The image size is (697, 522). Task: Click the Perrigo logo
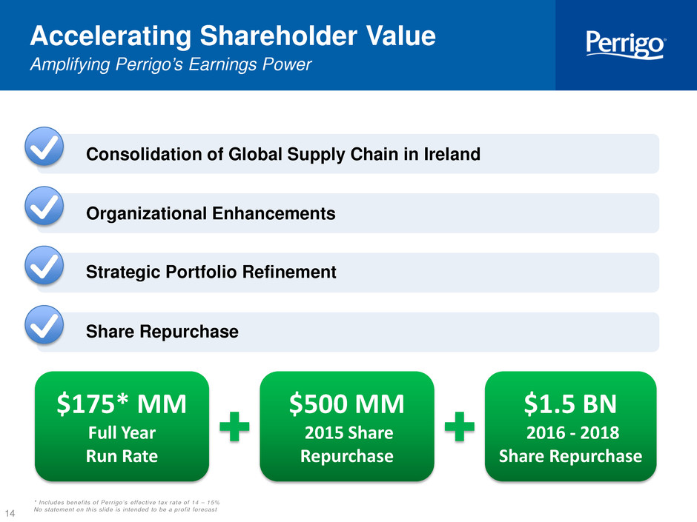pyautogui.click(x=625, y=44)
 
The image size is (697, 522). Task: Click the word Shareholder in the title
pyautogui.click(x=278, y=36)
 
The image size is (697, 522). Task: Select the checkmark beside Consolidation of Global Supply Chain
pyautogui.click(x=44, y=147)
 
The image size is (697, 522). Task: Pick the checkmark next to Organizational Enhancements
pyautogui.click(x=44, y=206)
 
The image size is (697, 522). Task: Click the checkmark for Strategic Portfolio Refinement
pyautogui.click(x=44, y=265)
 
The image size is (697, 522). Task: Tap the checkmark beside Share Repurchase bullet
pyautogui.click(x=44, y=325)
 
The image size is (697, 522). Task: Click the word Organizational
pyautogui.click(x=147, y=213)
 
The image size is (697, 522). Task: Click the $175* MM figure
pyautogui.click(x=122, y=404)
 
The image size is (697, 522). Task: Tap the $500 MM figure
pyautogui.click(x=347, y=404)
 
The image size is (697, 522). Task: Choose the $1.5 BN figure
pyautogui.click(x=570, y=404)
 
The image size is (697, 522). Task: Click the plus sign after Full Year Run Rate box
pyautogui.click(x=235, y=426)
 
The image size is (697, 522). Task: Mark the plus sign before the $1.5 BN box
pyautogui.click(x=460, y=426)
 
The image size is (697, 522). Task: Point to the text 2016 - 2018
pyautogui.click(x=572, y=433)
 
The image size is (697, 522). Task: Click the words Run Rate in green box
pyautogui.click(x=122, y=456)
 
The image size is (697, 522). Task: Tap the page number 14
pyautogui.click(x=10, y=513)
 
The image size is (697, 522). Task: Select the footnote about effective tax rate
pyautogui.click(x=127, y=503)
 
